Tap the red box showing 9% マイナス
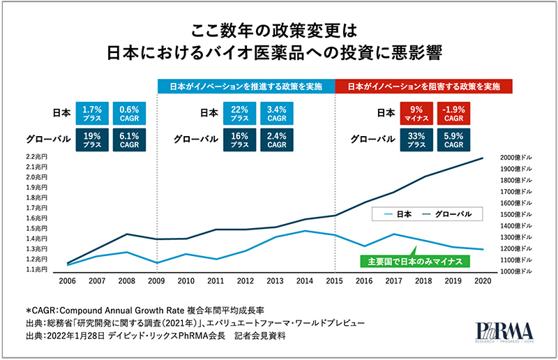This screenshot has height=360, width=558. (416, 113)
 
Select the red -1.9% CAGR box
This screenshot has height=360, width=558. (455, 113)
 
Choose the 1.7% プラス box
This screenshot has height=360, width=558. (92, 113)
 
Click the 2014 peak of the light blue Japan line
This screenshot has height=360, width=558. (306, 231)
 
